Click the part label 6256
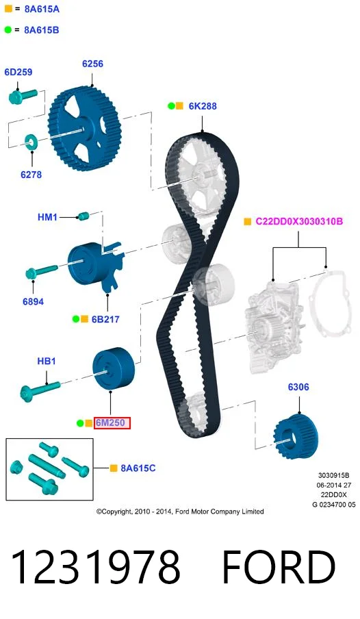click(x=92, y=64)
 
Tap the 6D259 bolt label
click(x=18, y=72)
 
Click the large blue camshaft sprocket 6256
click(x=85, y=128)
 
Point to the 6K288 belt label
click(x=203, y=106)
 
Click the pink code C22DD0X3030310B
click(x=299, y=221)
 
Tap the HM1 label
click(x=47, y=217)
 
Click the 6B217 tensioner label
click(x=105, y=319)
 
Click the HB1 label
click(x=46, y=361)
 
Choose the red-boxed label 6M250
click(x=112, y=422)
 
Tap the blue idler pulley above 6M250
click(x=114, y=369)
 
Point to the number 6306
click(x=298, y=387)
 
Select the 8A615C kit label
click(x=138, y=468)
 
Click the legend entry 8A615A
click(x=42, y=9)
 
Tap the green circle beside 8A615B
click(x=8, y=29)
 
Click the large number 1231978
click(x=96, y=567)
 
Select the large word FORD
click(x=279, y=567)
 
